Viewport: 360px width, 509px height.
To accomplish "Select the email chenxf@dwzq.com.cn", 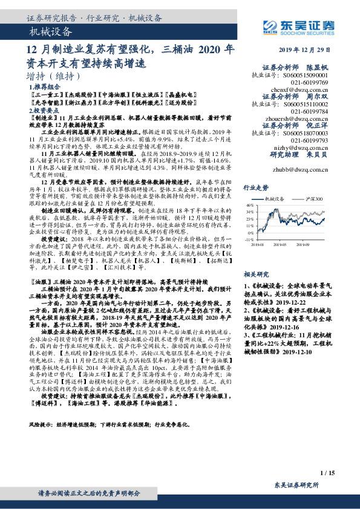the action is pos(301,88).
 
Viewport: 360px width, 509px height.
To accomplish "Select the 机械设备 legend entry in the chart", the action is pos(280,199).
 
